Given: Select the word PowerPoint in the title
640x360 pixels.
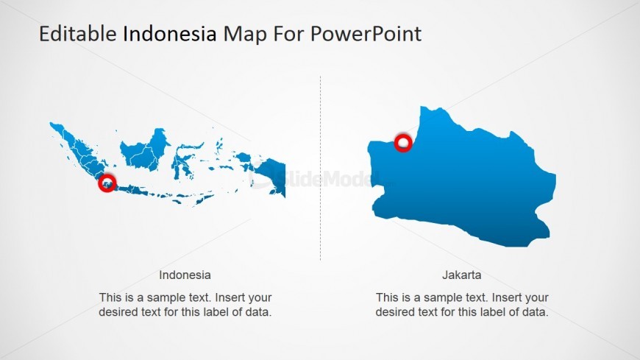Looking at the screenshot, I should point(366,34).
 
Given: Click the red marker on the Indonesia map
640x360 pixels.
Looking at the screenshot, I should point(107,183).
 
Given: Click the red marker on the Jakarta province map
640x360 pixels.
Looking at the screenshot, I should point(402,143).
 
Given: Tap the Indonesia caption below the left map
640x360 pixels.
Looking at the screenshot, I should point(185,275).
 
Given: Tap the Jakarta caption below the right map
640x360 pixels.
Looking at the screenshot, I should point(462,275).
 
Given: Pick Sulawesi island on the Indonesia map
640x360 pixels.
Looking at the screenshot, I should point(182,158).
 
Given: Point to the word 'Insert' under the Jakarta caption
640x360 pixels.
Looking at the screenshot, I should point(507,297).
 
